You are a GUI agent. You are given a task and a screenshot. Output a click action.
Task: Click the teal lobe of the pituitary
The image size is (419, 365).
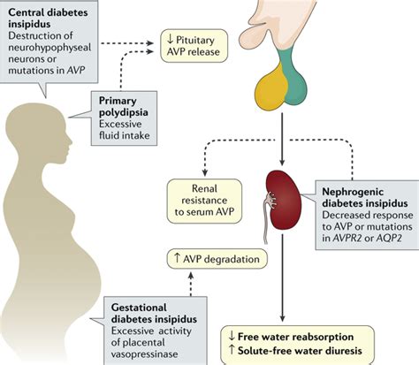[x=301, y=85]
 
